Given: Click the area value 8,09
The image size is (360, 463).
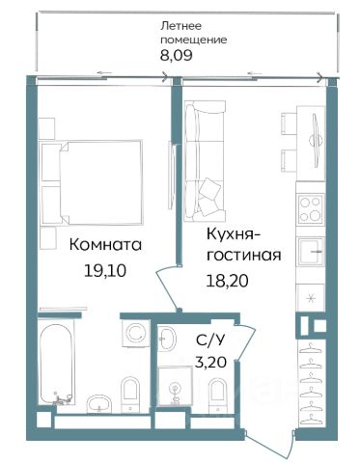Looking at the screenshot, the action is coord(177,55).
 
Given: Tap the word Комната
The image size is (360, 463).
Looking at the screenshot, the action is coord(105,245).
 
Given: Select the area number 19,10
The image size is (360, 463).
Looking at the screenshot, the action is coord(105,271).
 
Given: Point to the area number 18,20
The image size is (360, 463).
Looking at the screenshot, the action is coord(227,281).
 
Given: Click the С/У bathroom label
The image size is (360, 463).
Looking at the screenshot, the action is coord(209,340).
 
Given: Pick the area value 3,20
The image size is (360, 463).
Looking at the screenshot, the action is coord(210,363).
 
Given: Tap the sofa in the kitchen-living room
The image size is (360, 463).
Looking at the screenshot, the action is coord(205,161).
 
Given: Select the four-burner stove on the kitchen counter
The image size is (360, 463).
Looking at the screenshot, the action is coord(310,209).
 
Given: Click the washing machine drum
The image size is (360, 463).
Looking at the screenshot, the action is coord(135,333).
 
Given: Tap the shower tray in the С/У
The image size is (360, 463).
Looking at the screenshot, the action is coord(175,385).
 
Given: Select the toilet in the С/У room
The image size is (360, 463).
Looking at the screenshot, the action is coord(217,395).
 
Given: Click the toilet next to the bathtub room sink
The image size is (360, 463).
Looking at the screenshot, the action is coord(130,394).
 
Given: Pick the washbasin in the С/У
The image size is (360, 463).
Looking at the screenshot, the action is coord(168,338).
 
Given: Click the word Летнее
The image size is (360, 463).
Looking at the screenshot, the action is coord(180,26).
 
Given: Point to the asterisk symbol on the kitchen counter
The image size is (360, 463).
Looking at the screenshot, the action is coord(311,299).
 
